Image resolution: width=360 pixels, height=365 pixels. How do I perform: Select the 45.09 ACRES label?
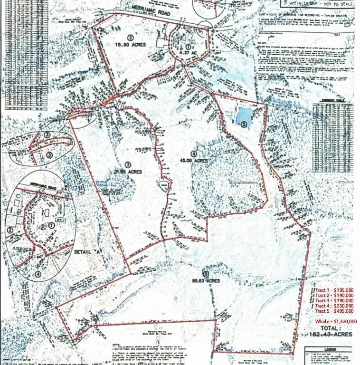194,161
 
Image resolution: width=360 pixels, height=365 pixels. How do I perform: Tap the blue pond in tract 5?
243,115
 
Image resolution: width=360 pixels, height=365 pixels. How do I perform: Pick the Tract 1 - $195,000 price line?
334,289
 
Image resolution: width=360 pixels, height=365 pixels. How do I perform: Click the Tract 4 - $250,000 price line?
334,306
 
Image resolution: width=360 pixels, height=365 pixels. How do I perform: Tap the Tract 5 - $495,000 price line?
334,311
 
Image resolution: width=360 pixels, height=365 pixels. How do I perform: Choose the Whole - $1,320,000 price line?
336,322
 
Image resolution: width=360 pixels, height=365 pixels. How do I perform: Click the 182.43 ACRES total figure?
335,335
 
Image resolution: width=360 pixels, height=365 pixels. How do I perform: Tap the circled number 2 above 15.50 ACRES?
130,37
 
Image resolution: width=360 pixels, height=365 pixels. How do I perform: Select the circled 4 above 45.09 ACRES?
193,153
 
